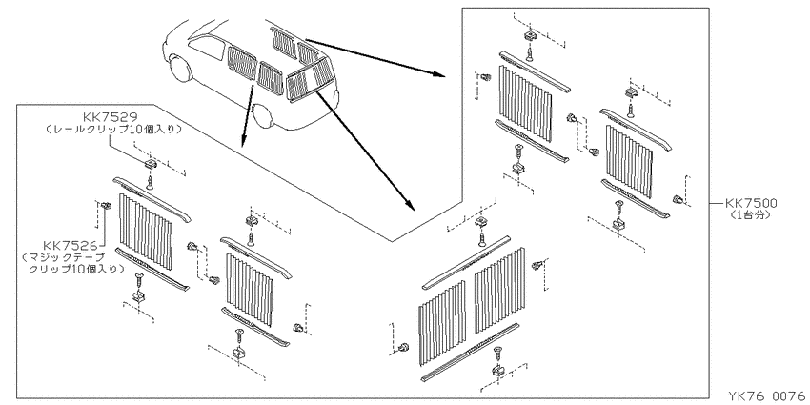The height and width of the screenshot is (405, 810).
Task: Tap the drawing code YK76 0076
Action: [767, 395]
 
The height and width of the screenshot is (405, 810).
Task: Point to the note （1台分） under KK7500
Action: [751, 215]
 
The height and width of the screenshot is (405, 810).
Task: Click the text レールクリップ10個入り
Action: [113, 130]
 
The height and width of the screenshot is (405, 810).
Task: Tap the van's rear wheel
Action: [263, 117]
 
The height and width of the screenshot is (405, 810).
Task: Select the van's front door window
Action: [206, 49]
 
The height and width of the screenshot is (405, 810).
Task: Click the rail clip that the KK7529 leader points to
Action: [150, 165]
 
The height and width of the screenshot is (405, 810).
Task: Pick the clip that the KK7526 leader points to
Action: [107, 206]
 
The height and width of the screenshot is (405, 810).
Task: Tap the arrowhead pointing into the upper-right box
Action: [439, 74]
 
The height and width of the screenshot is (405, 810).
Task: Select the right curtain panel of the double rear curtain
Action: [499, 291]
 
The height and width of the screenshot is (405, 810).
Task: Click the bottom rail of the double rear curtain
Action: [470, 353]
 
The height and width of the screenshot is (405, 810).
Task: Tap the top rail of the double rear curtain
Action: [467, 262]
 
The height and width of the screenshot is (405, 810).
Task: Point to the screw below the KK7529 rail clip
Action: [150, 181]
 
